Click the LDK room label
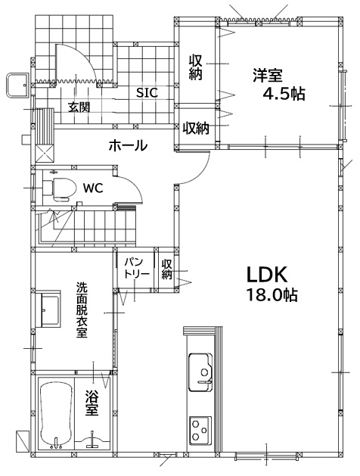(x=266, y=275)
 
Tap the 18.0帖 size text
(x=272, y=294)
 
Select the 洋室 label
(x=268, y=75)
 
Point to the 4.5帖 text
(x=284, y=94)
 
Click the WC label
(x=94, y=188)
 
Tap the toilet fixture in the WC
(x=60, y=190)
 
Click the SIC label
(x=147, y=92)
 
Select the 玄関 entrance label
(x=79, y=107)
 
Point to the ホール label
(x=128, y=146)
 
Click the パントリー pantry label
(x=136, y=267)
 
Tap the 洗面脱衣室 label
(x=82, y=310)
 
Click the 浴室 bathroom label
(x=92, y=403)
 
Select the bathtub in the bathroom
(x=56, y=415)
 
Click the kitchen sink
(x=200, y=372)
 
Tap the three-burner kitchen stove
(x=200, y=430)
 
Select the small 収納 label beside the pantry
(x=166, y=269)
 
